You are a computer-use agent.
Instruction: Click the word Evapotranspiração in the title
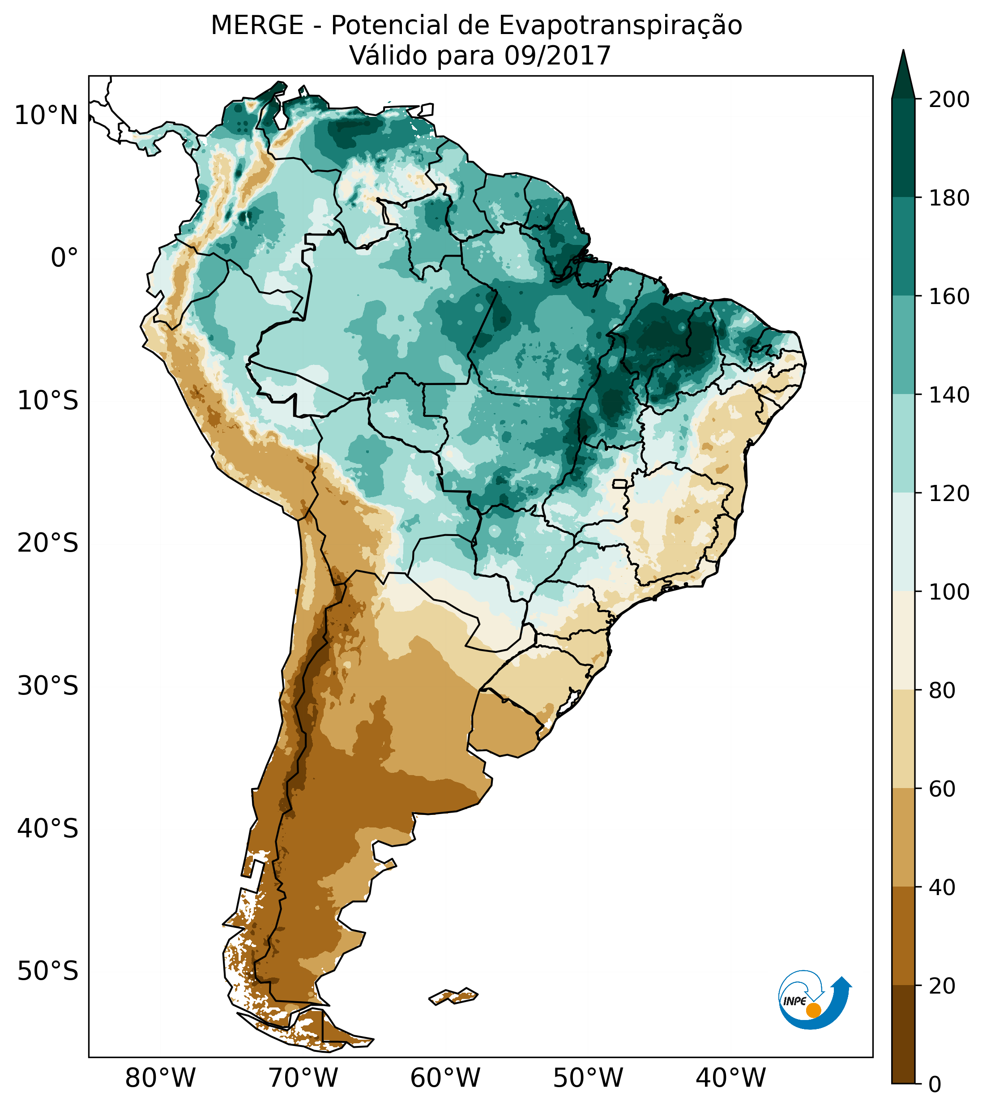coord(620,26)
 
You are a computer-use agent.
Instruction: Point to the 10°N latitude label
coord(47,116)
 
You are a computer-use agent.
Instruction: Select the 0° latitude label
coord(64,258)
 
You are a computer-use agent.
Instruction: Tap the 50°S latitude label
coord(48,972)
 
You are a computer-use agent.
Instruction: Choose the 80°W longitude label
coord(160,1078)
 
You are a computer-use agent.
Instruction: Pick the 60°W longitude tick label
coord(445,1078)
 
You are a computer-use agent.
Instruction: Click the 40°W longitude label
coord(730,1078)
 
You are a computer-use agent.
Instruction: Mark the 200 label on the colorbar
coord(949,100)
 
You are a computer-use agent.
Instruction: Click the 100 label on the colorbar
coord(949,591)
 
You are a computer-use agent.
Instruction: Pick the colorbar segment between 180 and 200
coord(903,148)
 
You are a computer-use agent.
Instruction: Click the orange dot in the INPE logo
coord(813,1010)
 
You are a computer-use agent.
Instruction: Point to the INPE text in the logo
coord(794,1001)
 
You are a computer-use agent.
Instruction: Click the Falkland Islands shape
coord(454,996)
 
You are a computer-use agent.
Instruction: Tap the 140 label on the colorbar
coord(949,395)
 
